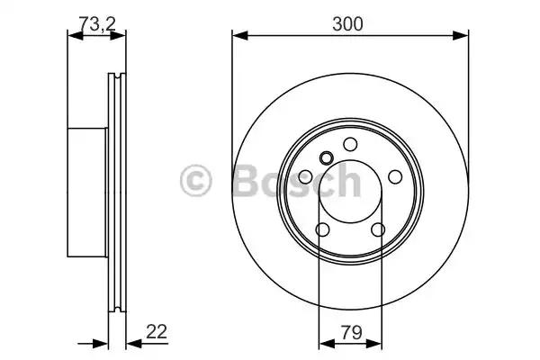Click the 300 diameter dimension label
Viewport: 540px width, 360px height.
[350, 24]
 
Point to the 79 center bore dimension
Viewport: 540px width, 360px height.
[350, 331]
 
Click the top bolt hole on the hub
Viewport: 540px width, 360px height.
[350, 145]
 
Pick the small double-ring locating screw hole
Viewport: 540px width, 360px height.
[326, 160]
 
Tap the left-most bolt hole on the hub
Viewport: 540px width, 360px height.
[307, 176]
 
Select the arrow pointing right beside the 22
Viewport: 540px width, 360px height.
[100, 342]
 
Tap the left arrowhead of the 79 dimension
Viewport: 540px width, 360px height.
[323, 342]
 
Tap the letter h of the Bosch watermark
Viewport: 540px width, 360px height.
[347, 182]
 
